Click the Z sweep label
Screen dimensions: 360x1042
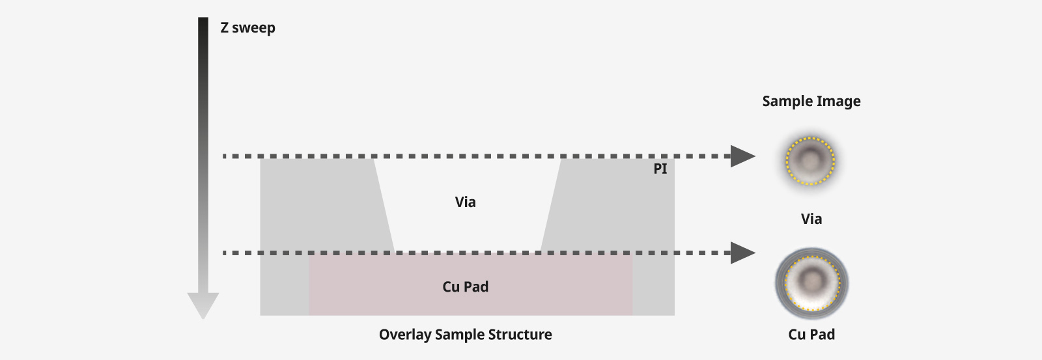(247, 28)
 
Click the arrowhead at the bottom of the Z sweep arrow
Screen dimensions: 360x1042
(203, 305)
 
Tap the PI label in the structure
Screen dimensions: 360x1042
(660, 169)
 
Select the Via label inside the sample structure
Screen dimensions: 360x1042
(465, 202)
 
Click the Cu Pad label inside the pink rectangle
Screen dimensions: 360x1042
(465, 287)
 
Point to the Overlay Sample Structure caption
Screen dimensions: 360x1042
(465, 335)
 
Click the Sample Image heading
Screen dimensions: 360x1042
(811, 102)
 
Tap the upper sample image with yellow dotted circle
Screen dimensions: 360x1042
(810, 160)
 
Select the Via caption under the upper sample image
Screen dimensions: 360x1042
(811, 219)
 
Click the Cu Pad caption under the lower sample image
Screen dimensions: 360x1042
(811, 335)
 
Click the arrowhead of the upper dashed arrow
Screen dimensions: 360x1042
(742, 156)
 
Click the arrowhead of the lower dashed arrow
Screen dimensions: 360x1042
(742, 253)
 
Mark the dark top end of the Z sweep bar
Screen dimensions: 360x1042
(203, 23)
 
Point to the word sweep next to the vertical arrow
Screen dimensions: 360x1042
(254, 28)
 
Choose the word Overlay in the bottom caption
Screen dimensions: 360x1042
(404, 335)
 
